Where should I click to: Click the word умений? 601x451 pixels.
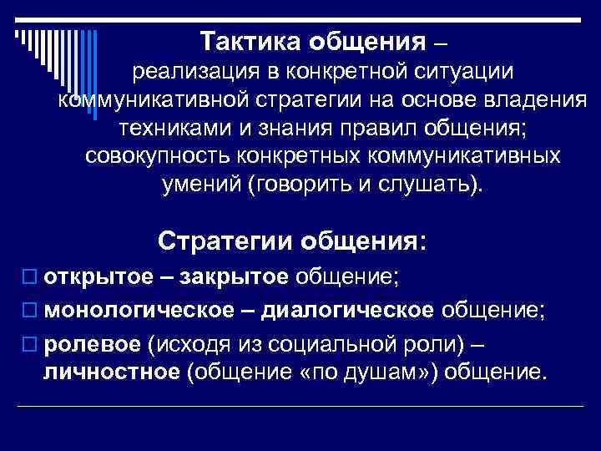[x=199, y=185]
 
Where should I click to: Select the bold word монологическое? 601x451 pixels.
[x=139, y=311]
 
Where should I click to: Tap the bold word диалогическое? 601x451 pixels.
[x=347, y=311]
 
